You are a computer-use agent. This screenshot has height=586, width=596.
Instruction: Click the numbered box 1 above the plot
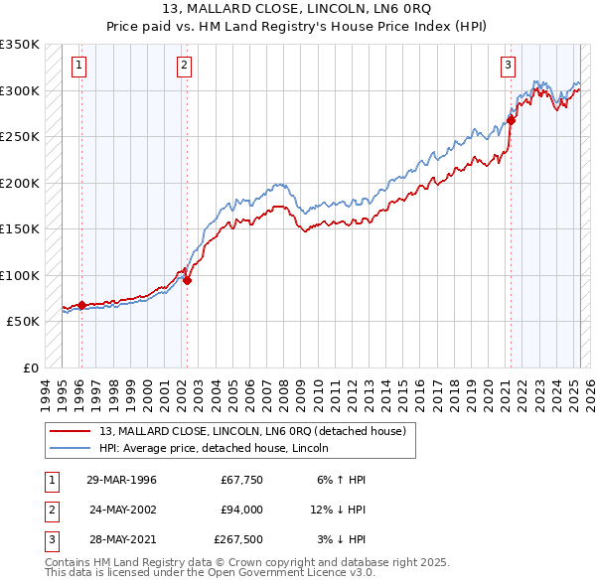[x=78, y=67]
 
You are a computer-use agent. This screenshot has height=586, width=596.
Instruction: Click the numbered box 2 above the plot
[x=185, y=67]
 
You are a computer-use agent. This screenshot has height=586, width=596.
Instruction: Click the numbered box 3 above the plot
[x=508, y=67]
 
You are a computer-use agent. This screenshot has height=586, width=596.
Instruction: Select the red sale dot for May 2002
[x=188, y=280]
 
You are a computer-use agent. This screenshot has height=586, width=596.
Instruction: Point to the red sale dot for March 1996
[x=81, y=305]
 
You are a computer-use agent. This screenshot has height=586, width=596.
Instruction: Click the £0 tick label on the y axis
[x=30, y=367]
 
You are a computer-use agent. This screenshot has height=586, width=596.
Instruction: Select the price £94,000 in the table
[x=240, y=511]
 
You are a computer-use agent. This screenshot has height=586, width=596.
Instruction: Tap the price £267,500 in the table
[x=238, y=541]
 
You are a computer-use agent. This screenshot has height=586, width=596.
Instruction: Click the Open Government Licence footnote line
[x=210, y=573]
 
